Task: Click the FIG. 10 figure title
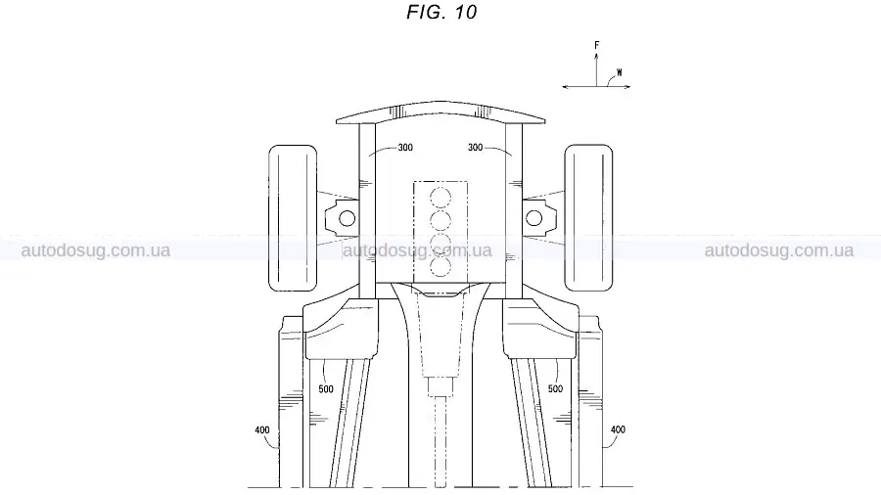(441, 12)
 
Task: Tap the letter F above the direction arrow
(597, 45)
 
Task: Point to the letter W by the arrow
(620, 72)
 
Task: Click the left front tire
(293, 218)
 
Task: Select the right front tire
(588, 218)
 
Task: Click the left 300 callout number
(405, 147)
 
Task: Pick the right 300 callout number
(476, 147)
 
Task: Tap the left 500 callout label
(326, 389)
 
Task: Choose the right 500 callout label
(555, 388)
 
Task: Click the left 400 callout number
(262, 429)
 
